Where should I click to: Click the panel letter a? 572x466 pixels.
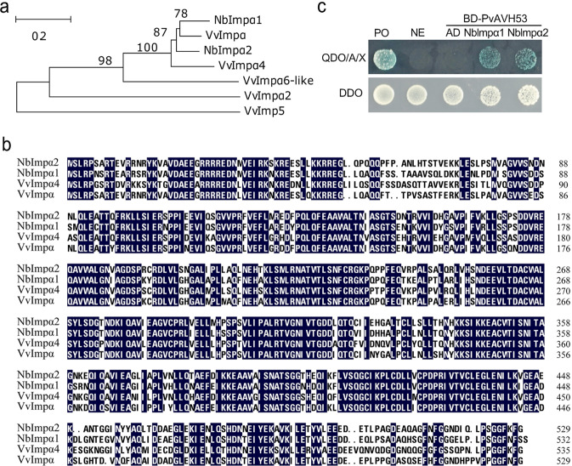(x=7, y=9)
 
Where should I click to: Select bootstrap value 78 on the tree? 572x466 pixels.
(x=181, y=13)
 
